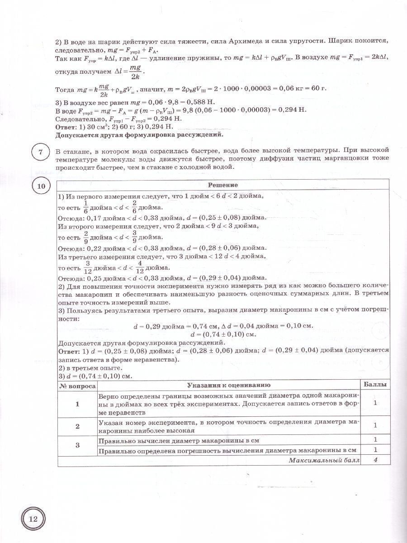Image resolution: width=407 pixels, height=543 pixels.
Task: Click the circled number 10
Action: click(40, 186)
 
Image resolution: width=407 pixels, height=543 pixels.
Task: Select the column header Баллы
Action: click(375, 385)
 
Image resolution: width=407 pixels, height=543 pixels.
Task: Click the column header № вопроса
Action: click(77, 385)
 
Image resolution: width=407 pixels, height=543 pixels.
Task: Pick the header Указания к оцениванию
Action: click(229, 385)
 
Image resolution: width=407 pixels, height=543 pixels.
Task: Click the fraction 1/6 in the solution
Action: click(85, 207)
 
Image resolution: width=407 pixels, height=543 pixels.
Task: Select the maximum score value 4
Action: click(375, 461)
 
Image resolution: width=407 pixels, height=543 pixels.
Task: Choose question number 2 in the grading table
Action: click(77, 425)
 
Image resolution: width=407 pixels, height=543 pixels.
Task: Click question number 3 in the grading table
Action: click(77, 445)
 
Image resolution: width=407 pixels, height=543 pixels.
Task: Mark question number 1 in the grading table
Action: click(77, 404)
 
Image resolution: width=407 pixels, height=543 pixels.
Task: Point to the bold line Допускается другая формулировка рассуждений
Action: click(139, 134)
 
